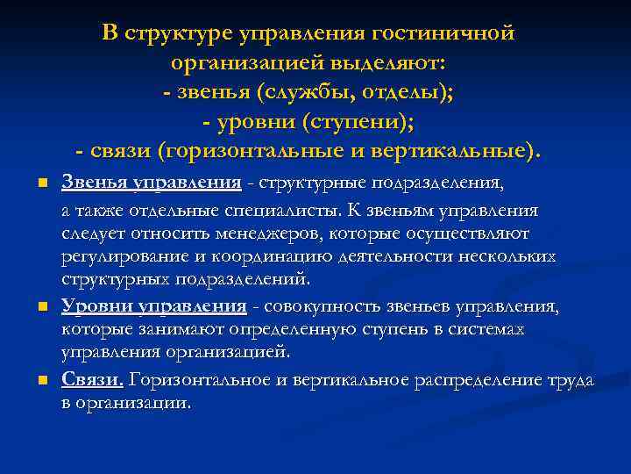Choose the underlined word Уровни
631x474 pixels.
point(93,306)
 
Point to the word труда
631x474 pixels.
point(570,379)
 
